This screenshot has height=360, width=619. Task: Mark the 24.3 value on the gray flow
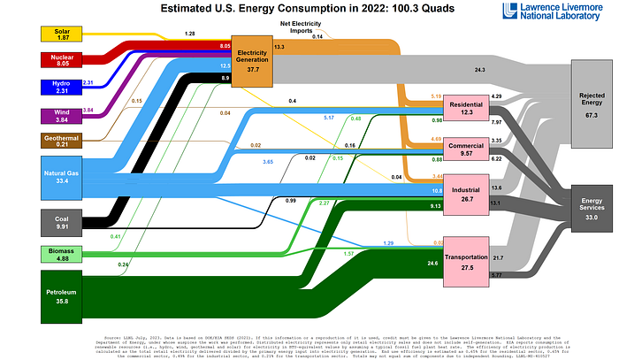(478, 68)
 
